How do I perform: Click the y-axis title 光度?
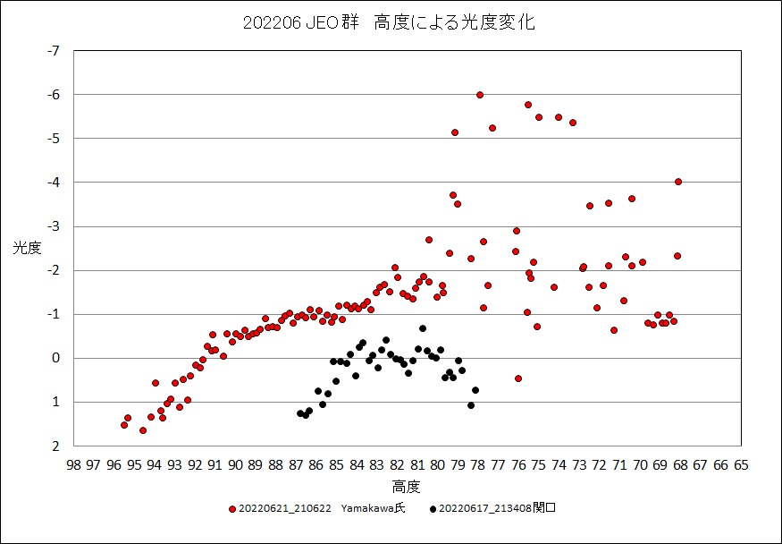tap(27, 249)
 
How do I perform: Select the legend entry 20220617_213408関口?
tap(498, 509)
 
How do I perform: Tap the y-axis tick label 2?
tap(55, 446)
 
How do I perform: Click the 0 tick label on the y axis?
tap(55, 358)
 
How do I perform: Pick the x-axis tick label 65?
tap(741, 465)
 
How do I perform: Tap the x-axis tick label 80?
tap(437, 465)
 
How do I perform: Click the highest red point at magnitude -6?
tap(480, 95)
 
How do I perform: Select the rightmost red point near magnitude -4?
tap(678, 182)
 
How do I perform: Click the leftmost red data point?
tap(124, 425)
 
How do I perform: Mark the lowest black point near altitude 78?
tap(471, 405)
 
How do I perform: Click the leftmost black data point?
tap(300, 413)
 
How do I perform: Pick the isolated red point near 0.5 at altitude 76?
tap(518, 378)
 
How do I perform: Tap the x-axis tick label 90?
tap(235, 465)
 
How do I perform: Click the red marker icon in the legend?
tap(233, 509)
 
